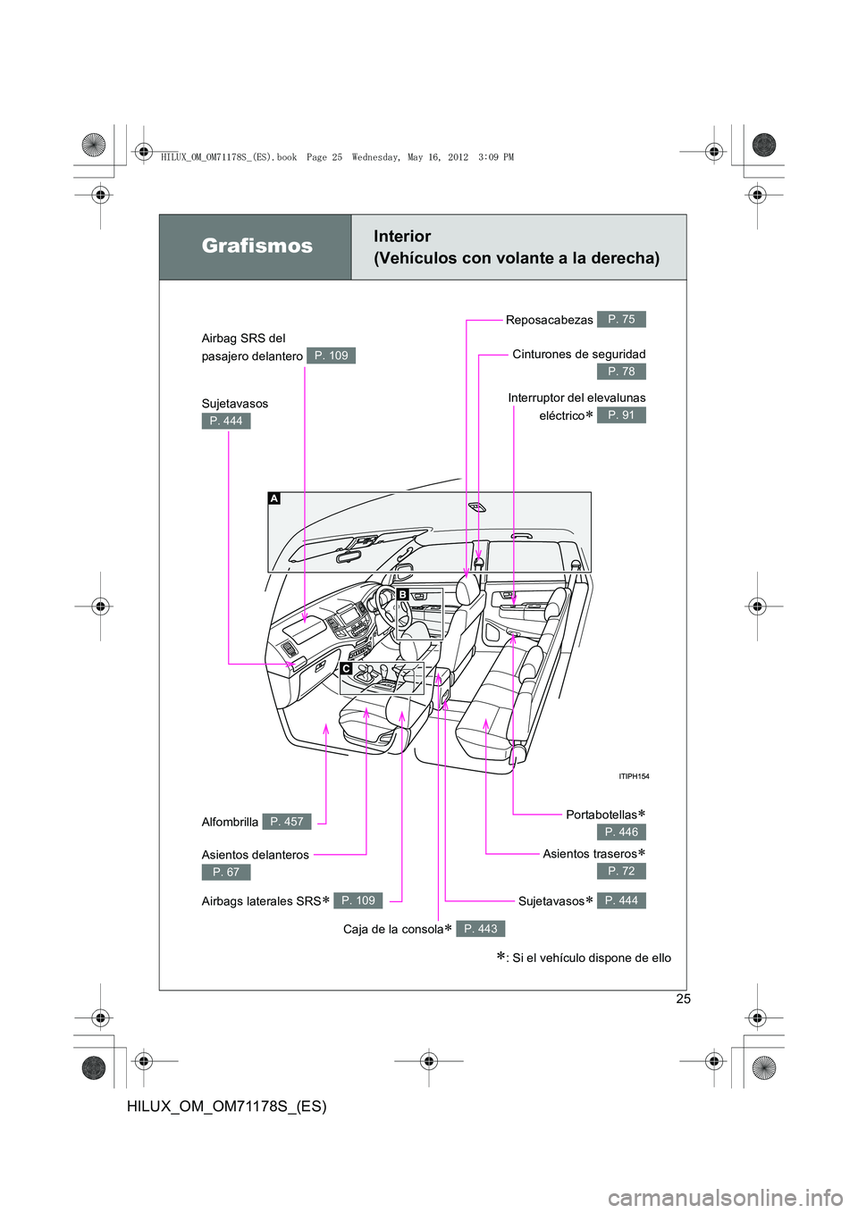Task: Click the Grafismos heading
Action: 257,247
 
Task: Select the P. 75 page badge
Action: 621,319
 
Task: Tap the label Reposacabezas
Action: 549,320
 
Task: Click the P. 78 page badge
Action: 621,372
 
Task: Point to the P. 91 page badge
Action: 621,415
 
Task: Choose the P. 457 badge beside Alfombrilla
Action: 287,822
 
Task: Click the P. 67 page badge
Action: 226,873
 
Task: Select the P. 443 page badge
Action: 481,929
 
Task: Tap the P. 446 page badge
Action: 621,832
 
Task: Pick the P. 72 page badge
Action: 621,871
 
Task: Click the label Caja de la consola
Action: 392,930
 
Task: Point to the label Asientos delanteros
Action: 255,855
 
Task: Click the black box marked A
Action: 274,498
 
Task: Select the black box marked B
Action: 402,594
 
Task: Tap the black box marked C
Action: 346,668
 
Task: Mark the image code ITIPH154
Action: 634,776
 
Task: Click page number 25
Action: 683,999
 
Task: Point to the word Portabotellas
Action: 601,815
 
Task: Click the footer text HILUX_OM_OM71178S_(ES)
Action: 227,1106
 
